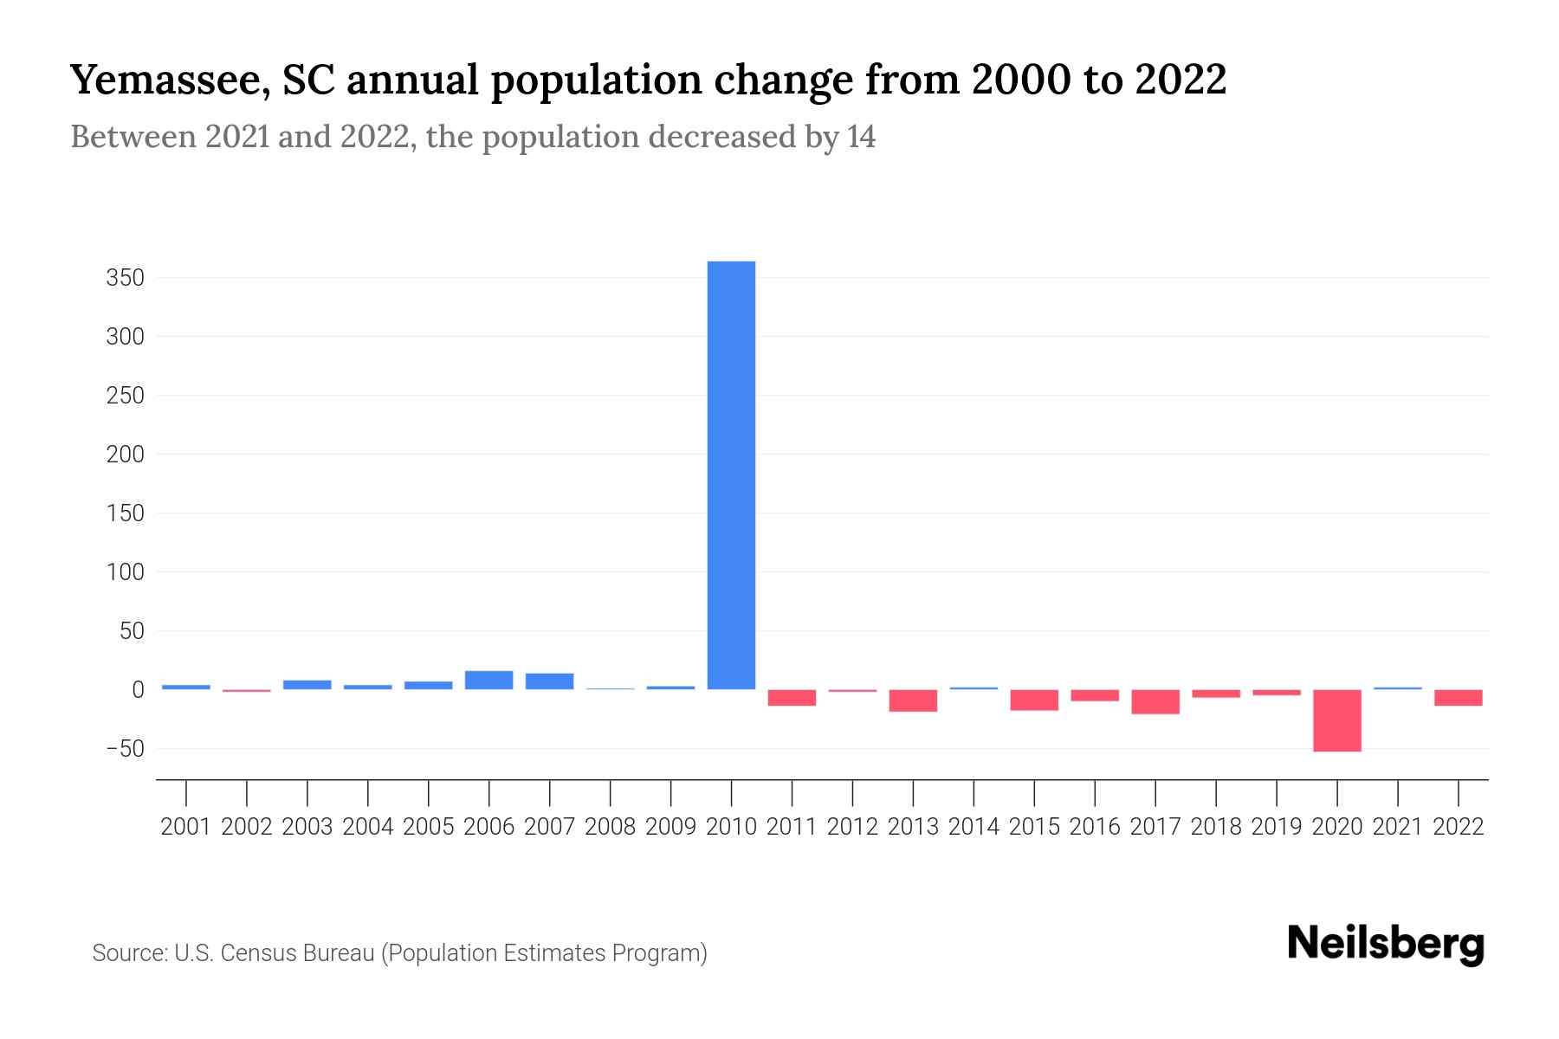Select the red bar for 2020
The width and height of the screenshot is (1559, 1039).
(1336, 720)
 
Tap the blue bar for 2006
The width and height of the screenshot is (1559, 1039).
(488, 680)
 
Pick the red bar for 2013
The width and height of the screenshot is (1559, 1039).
(913, 700)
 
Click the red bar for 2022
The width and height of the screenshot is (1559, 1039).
(1458, 697)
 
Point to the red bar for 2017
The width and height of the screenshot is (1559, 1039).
(1155, 701)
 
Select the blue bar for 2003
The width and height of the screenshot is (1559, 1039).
(307, 684)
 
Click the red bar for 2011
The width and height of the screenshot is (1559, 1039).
(792, 697)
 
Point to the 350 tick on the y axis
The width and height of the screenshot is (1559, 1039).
(125, 278)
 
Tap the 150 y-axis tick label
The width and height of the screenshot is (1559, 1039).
(125, 513)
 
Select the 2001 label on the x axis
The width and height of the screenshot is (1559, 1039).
(186, 827)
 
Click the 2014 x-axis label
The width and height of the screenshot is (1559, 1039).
(974, 827)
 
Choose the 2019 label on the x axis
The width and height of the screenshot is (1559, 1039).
(1276, 827)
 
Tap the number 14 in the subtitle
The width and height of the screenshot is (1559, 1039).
(861, 137)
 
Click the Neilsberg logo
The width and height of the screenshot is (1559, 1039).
(1386, 944)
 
